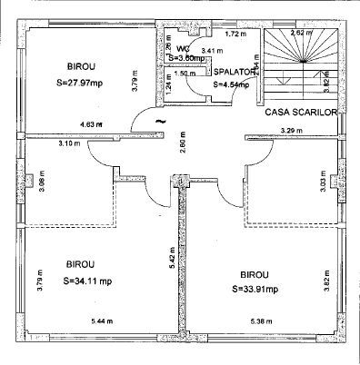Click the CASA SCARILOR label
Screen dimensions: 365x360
pos(301,113)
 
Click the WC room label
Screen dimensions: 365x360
pos(183,48)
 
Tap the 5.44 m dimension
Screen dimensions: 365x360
pos(105,321)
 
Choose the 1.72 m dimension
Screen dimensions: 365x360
pos(235,34)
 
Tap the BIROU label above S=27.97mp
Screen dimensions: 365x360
pos(83,65)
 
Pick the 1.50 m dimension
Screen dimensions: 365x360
pos(184,74)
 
